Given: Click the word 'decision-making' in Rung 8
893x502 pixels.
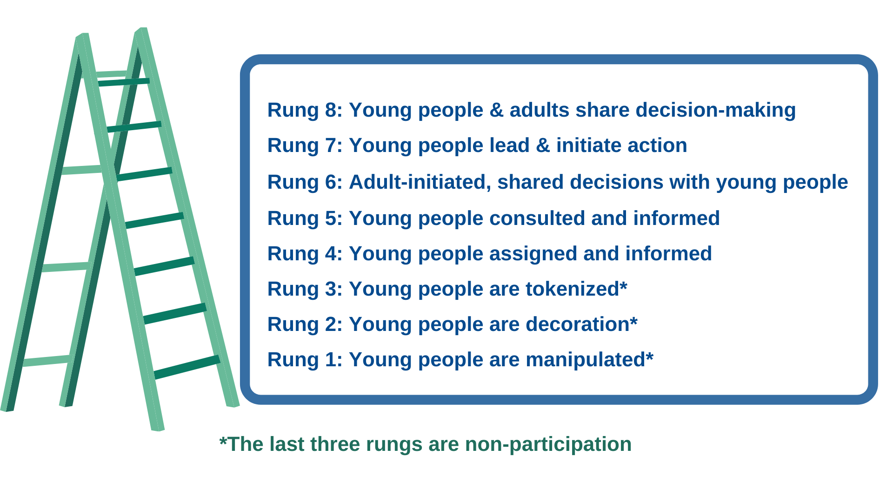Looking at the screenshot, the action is point(716,111).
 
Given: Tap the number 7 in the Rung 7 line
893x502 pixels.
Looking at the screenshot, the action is point(331,145).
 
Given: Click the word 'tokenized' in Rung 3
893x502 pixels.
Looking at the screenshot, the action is point(573,289).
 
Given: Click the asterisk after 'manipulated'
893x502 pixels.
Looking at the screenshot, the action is point(650,356).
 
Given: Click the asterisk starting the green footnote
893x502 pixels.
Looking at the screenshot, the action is point(223,440).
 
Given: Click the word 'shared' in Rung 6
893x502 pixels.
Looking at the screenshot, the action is point(530,182).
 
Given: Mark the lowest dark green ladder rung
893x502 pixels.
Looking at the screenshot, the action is point(187,367).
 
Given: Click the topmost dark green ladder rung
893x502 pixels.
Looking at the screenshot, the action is point(124,82).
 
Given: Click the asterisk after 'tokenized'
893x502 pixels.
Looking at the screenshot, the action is point(624,285).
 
